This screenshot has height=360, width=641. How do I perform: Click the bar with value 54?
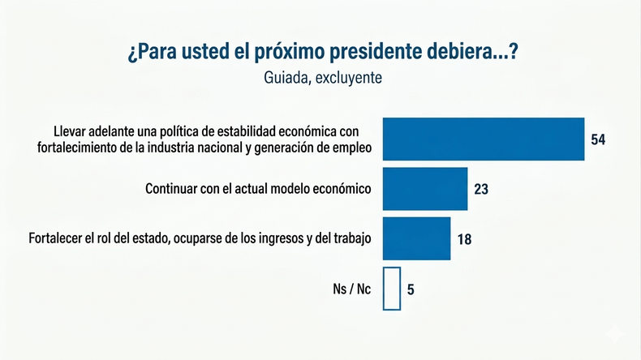click(484, 139)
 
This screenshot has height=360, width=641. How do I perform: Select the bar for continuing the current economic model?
click(424, 189)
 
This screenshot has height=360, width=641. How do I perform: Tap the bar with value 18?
click(416, 238)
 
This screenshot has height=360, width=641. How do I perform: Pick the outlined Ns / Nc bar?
click(391, 289)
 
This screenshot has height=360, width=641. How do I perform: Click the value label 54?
click(598, 139)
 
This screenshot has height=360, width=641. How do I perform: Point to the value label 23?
click(481, 190)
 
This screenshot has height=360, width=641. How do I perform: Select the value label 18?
click(463, 239)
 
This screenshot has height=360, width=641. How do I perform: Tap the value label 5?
click(411, 289)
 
